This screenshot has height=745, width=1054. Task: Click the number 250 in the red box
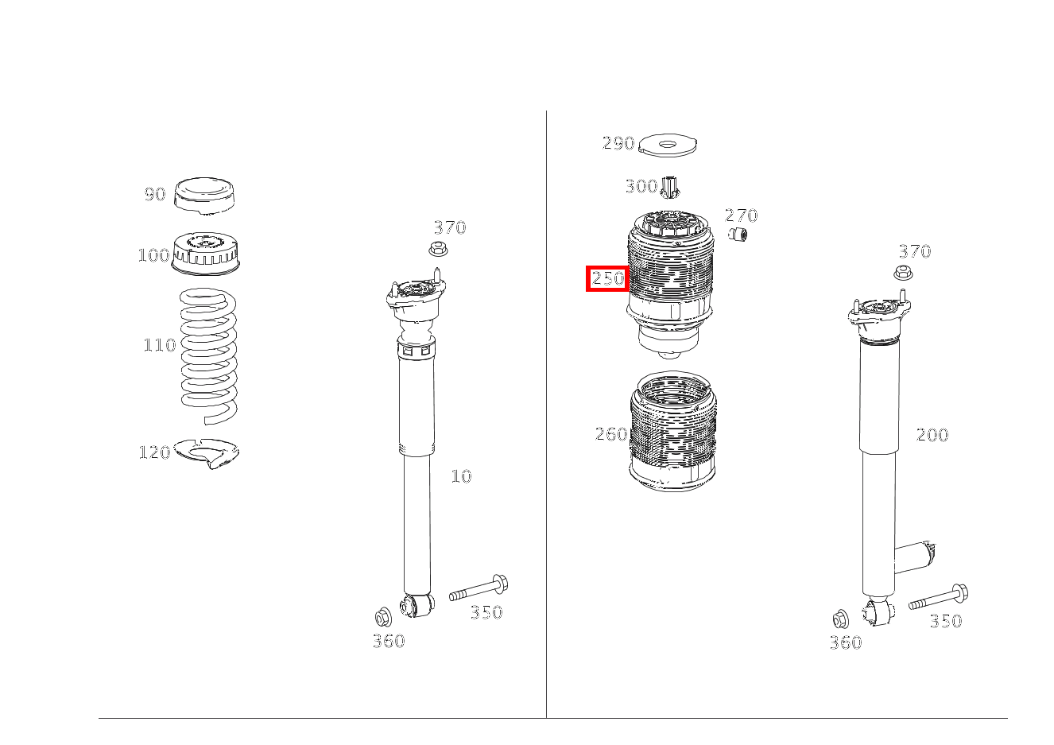[x=608, y=278]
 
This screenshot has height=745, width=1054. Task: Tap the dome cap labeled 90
[x=204, y=196]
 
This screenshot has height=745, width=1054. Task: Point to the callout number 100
[x=153, y=255]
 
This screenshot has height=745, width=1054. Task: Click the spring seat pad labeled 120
[x=207, y=453]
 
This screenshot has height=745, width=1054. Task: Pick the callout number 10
[x=461, y=476]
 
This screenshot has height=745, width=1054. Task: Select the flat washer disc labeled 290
[x=668, y=146]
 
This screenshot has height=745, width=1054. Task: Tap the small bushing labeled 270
[x=738, y=235]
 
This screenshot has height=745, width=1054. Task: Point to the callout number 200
[x=932, y=435]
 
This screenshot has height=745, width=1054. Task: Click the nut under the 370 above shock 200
[x=902, y=274]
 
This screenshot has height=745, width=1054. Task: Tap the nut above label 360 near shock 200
[x=841, y=619]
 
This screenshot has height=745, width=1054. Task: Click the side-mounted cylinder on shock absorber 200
[x=915, y=556]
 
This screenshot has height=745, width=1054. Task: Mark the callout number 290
[x=618, y=144]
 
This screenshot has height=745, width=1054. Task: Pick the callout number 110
[x=159, y=345]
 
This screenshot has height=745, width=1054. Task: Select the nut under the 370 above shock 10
[x=437, y=249]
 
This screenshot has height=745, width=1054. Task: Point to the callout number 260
[x=611, y=434]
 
